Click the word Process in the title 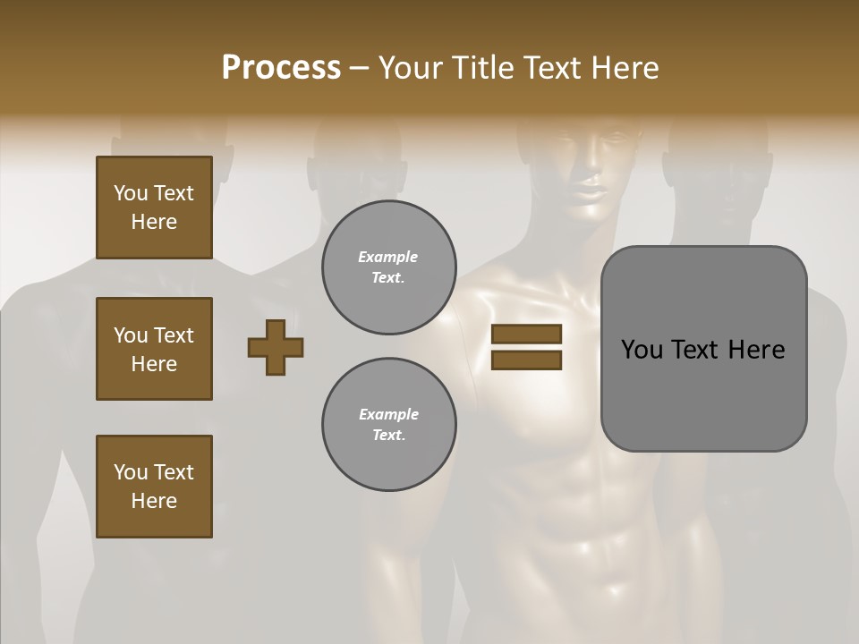[281, 68]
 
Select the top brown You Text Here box [154, 208]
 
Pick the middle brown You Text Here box [154, 349]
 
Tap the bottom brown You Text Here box [154, 487]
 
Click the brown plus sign [276, 347]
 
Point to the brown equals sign [527, 347]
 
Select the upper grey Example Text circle [388, 267]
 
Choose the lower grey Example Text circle [388, 425]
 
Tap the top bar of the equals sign [527, 335]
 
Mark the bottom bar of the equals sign [527, 360]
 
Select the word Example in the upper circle [388, 257]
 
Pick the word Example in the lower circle [388, 414]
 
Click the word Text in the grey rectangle [695, 350]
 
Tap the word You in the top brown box [130, 193]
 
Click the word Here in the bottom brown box [154, 501]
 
